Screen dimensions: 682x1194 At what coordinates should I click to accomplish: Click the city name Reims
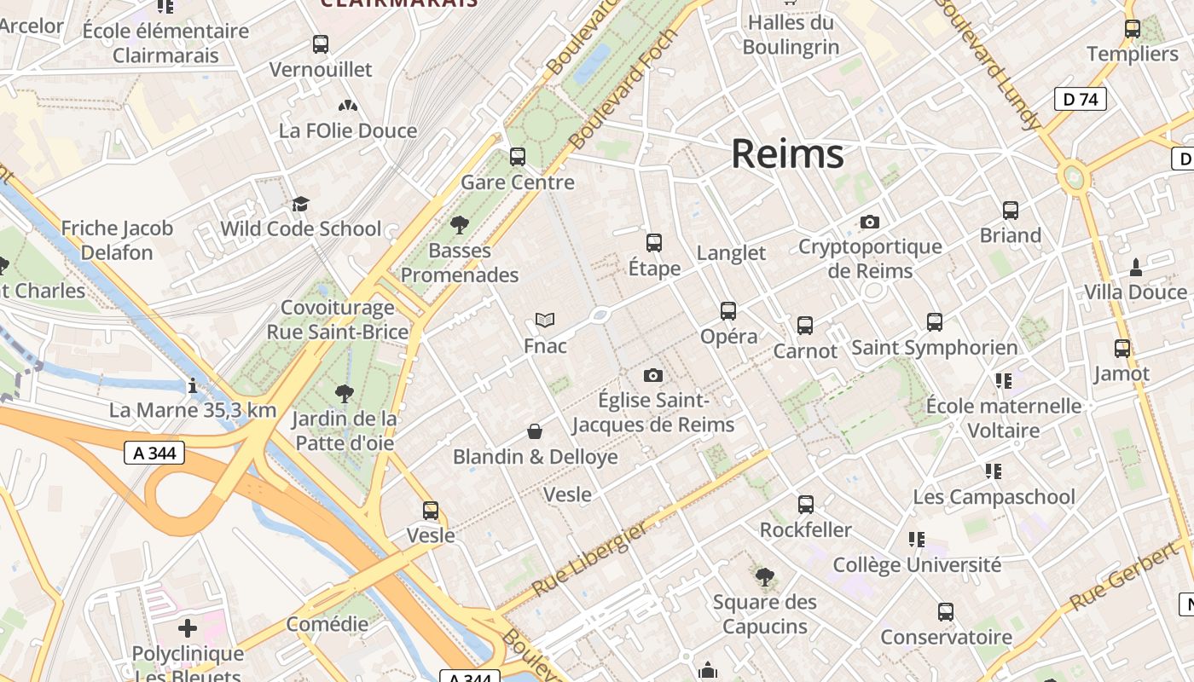(787, 154)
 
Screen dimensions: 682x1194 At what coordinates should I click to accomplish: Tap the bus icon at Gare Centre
(518, 157)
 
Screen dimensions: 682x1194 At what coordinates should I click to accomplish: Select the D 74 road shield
(1080, 99)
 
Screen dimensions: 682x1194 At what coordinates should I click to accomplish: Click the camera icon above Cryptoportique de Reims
(870, 222)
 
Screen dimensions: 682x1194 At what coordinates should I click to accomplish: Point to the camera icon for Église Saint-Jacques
(653, 375)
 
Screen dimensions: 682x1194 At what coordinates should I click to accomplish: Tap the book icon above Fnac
(545, 321)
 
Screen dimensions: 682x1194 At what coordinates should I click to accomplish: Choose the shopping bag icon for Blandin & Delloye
(535, 431)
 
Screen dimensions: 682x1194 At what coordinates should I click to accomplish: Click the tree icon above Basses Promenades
(460, 225)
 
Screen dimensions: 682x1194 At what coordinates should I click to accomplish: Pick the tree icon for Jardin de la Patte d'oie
(345, 393)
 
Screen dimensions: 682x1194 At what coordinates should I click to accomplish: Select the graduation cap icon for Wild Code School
(300, 204)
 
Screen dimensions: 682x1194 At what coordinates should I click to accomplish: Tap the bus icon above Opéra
(727, 311)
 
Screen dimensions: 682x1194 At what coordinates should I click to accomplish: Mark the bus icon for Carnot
(805, 326)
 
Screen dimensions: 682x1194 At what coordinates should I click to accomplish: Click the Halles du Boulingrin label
(791, 35)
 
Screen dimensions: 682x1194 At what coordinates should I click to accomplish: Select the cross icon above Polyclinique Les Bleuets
(188, 629)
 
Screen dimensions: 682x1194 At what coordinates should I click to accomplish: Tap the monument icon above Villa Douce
(1135, 267)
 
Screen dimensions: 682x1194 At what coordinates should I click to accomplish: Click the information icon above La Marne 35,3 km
(193, 385)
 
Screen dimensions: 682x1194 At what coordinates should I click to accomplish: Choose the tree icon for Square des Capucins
(765, 577)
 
